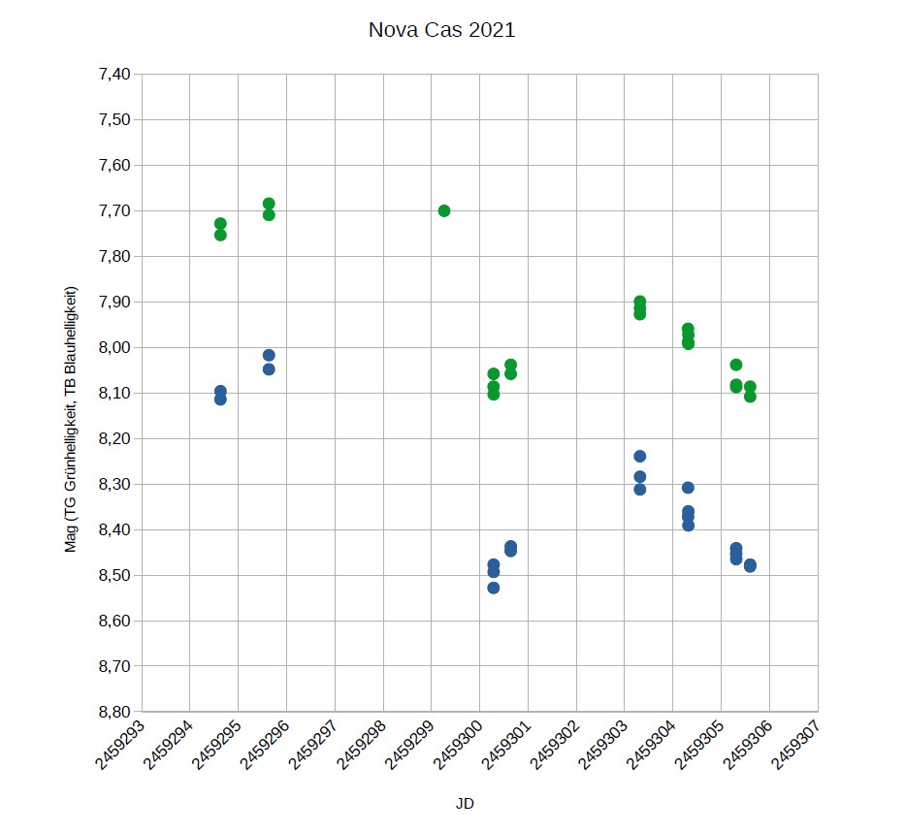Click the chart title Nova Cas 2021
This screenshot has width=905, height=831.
click(x=441, y=30)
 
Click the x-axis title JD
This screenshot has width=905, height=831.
click(x=465, y=803)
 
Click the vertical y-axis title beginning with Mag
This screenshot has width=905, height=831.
click(x=70, y=420)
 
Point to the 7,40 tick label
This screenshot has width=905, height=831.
click(x=114, y=74)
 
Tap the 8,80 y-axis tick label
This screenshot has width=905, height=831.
click(x=114, y=712)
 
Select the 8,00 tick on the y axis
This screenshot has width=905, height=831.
click(x=114, y=347)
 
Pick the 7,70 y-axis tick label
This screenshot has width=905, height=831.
click(x=114, y=210)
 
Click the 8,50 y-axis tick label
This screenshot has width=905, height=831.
click(x=114, y=575)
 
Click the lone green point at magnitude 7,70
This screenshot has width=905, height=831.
click(x=444, y=210)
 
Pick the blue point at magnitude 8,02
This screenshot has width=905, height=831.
click(x=269, y=355)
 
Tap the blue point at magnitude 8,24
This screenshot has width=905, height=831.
click(x=640, y=456)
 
